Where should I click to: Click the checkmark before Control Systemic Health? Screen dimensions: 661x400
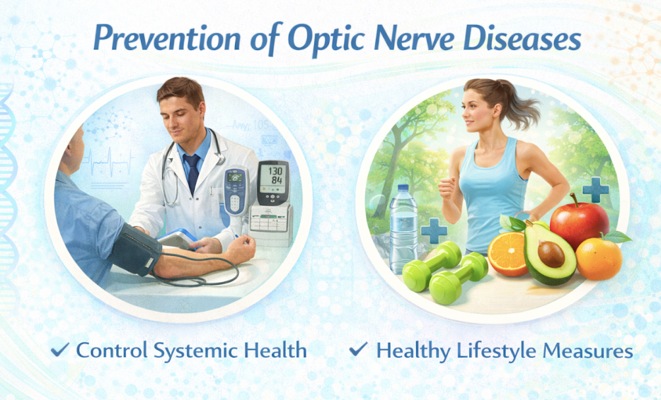pyautogui.click(x=60, y=350)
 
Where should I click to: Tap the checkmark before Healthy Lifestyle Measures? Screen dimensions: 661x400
pyautogui.click(x=358, y=349)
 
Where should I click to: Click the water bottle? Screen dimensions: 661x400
pyautogui.click(x=403, y=229)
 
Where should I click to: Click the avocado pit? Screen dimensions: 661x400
pyautogui.click(x=551, y=254)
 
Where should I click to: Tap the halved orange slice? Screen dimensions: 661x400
pyautogui.click(x=507, y=254)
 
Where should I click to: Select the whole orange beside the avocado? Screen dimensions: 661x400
pyautogui.click(x=599, y=258)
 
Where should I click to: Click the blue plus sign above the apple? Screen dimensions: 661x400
pyautogui.click(x=596, y=189)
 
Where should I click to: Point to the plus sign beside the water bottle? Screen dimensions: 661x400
pyautogui.click(x=434, y=230)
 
